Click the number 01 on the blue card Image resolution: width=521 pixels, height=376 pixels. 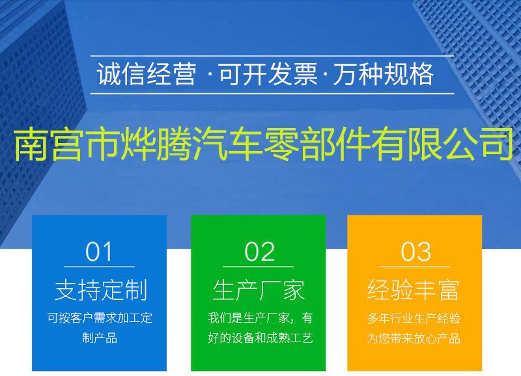point(100,251)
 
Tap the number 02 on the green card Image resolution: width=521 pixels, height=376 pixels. point(260,251)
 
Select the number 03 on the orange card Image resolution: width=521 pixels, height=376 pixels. point(415,251)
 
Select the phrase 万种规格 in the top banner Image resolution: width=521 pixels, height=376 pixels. point(383,75)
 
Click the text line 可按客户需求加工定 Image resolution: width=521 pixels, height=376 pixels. point(100,319)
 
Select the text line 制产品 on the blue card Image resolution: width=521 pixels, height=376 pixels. point(100,339)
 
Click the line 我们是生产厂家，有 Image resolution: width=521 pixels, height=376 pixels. point(260,319)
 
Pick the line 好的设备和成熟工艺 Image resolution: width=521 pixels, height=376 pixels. point(260,339)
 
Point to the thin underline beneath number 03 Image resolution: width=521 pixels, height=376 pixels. point(416,266)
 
